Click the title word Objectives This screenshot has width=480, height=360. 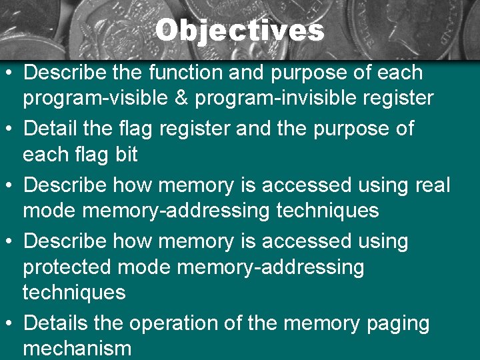240,31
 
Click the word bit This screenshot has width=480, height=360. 126,155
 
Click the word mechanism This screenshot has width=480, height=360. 77,348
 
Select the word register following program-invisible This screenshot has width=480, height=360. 396,99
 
